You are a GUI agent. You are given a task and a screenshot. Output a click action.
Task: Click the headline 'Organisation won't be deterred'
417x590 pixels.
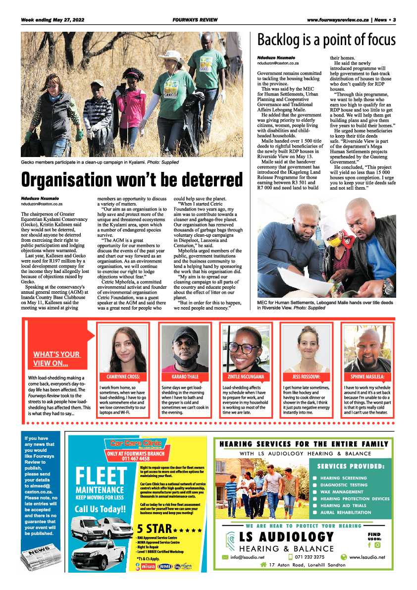pos(132,180)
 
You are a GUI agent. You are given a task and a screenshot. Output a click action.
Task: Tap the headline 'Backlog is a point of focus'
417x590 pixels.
pos(326,40)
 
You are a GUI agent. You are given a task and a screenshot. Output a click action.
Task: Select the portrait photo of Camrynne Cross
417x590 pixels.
pos(122,348)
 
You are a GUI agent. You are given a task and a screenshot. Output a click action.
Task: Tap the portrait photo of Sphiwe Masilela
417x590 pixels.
pos(367,348)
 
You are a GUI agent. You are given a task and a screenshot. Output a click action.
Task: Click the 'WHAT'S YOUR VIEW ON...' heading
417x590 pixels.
pos(56,359)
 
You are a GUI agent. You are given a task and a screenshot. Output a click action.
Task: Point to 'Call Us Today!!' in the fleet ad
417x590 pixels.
pos(101,509)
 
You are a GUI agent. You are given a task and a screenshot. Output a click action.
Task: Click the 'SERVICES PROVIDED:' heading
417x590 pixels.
pos(351,466)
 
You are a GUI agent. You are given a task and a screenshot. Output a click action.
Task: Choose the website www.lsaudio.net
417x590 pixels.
pos(366,557)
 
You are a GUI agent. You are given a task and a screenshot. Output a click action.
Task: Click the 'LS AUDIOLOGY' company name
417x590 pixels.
pos(286,536)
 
